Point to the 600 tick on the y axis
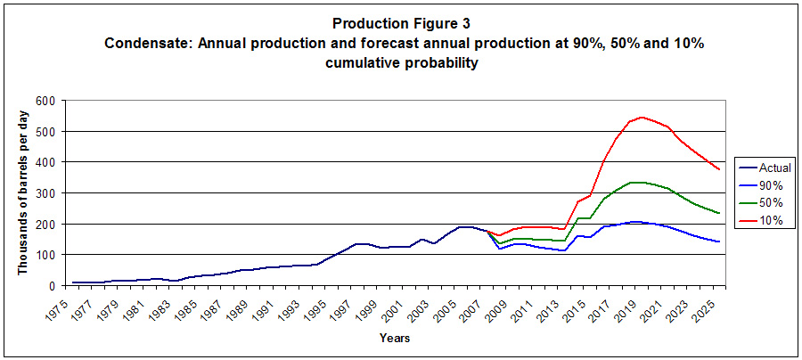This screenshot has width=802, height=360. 44,101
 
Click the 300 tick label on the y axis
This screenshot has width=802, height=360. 44,193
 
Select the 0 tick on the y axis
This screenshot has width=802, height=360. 51,286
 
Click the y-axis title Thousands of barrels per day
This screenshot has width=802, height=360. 24,193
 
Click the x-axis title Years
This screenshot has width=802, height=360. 394,338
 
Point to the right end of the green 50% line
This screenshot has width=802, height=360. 719,213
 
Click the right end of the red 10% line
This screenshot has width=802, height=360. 719,169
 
